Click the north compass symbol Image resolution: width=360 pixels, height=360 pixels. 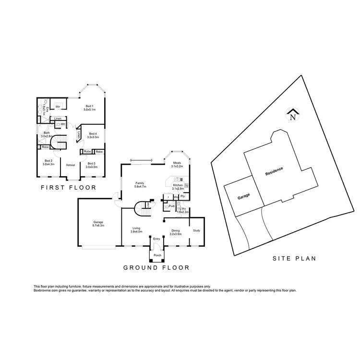(292, 115)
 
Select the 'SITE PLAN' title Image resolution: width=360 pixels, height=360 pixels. (294, 258)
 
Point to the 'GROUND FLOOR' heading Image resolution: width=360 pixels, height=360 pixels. (156, 267)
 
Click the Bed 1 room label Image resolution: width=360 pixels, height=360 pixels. (89, 106)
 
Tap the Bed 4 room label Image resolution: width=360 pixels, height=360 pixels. (93, 134)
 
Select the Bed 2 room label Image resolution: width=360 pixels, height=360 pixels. (48, 161)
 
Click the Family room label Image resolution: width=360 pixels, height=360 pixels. (140, 183)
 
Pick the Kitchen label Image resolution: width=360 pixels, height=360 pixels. (178, 184)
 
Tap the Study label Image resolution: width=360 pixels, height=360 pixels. (196, 231)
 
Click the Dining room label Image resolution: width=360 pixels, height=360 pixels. (176, 231)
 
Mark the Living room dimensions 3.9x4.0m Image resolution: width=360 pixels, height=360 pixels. (137, 232)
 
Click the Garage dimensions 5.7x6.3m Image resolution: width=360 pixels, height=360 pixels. (98, 226)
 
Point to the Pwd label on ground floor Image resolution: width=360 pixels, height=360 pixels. (170, 207)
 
